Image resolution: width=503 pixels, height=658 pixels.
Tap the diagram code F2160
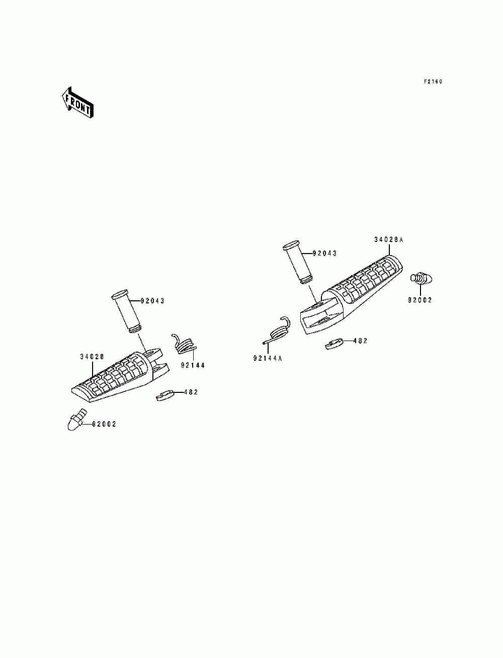pos(432,81)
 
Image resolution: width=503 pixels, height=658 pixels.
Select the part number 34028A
pos(388,240)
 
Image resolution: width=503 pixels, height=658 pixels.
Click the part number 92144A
pos(268,358)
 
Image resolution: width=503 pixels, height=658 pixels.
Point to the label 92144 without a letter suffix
pos(193,365)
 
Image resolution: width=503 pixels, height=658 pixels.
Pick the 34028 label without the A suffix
pos(92,357)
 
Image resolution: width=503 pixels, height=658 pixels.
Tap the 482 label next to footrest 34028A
pos(360,341)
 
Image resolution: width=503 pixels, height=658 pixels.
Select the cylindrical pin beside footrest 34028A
pos(299,263)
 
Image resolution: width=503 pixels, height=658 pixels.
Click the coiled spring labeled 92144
pos(185,345)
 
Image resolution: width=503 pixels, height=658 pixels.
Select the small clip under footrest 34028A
pos(333,344)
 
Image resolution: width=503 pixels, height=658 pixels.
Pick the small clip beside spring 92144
pos(164,395)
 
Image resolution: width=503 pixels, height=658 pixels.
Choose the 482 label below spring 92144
pos(191,392)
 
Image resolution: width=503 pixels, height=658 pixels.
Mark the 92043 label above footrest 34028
pos(152,301)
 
